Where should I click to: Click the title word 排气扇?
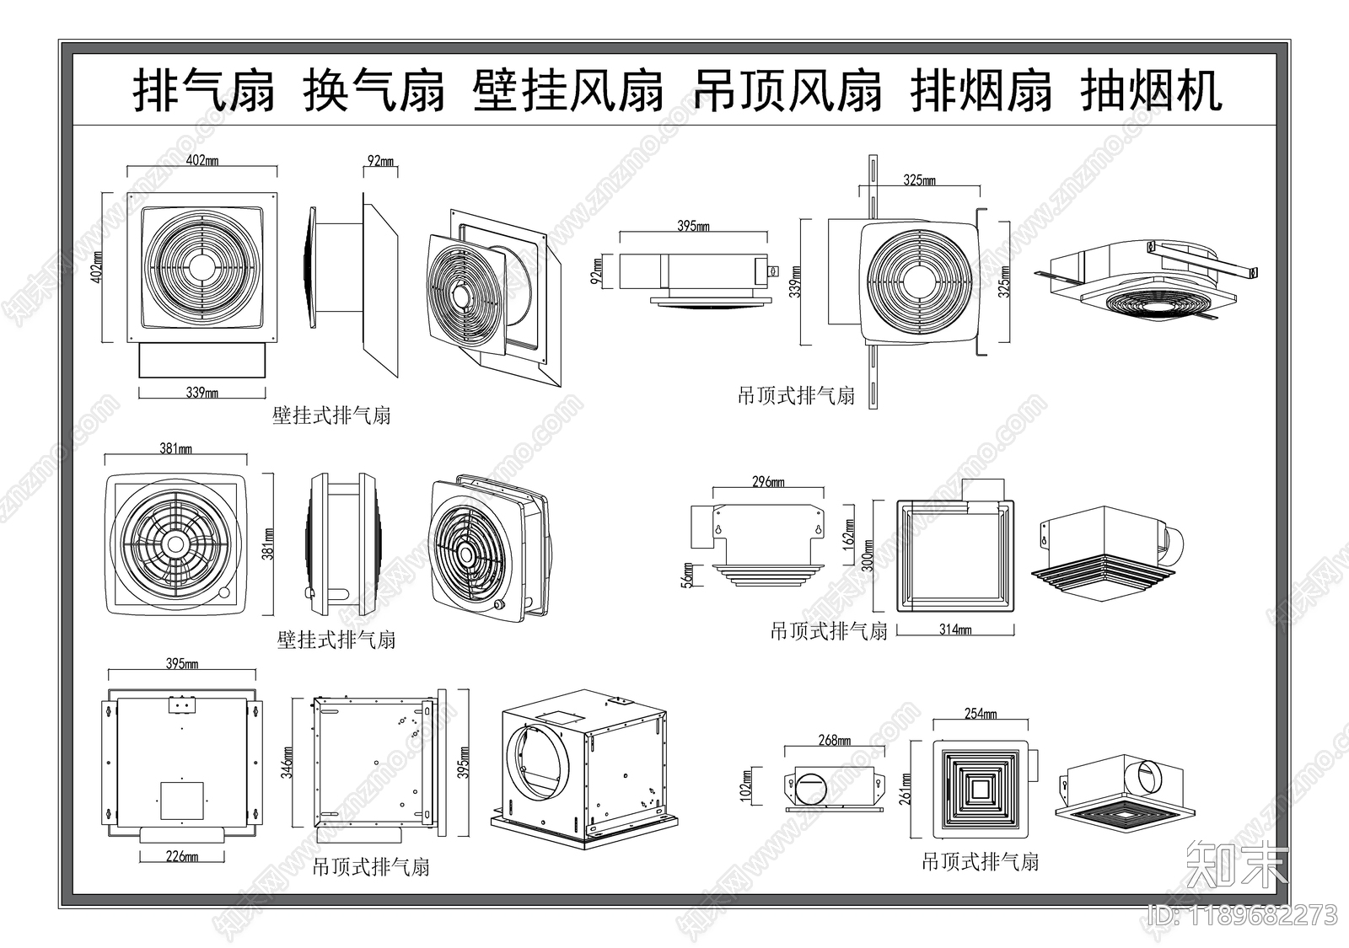205,91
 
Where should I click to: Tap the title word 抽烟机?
1151,91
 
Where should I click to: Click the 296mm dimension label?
767,482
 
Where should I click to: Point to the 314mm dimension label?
954,629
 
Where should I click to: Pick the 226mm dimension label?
181,856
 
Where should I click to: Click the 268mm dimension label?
833,740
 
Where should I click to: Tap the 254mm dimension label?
980,714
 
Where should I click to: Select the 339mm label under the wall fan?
202,393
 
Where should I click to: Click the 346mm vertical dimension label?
288,762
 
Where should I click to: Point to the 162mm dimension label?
849,531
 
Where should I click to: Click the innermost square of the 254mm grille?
981,789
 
